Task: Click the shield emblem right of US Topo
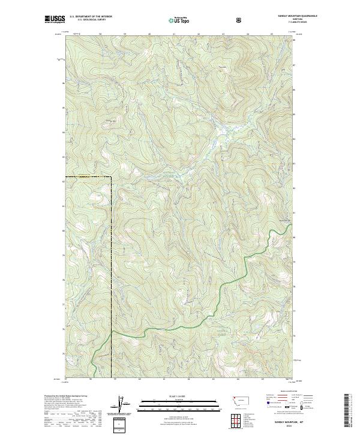pos(240,20)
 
